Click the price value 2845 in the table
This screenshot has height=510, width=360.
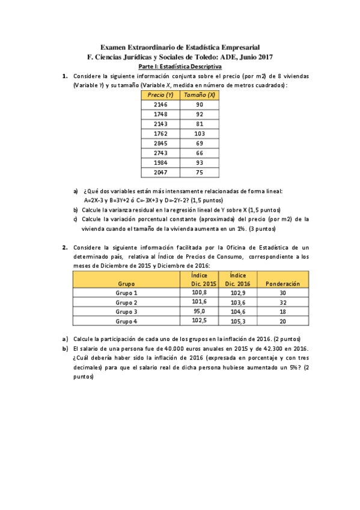point(160,143)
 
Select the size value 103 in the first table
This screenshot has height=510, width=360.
point(200,134)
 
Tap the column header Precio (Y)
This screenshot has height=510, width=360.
point(160,95)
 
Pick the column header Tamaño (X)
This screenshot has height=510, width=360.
point(200,95)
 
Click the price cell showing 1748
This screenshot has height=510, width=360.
point(160,114)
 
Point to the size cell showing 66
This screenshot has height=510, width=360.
point(200,153)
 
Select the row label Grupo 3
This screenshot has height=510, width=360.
point(126,312)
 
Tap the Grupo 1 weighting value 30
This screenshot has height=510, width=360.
point(282,292)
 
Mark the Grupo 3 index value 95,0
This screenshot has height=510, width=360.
point(199,312)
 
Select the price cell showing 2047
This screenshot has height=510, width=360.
point(160,172)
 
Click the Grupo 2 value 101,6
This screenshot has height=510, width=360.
point(199,302)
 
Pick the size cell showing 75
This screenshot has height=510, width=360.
point(200,172)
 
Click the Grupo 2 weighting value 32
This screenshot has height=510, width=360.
point(282,302)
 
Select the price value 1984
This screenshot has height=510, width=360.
point(160,162)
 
